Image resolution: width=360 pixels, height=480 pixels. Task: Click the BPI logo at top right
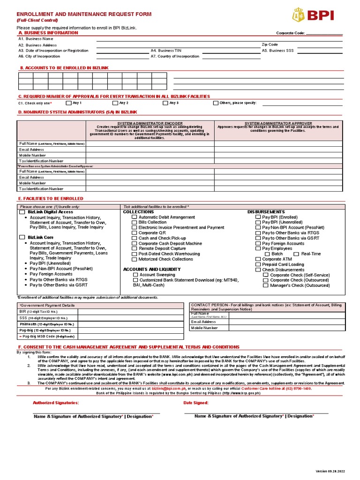[x=313, y=15]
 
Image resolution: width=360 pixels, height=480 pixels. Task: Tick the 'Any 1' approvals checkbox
[x=69, y=103]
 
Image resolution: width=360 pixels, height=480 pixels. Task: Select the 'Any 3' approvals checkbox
[x=165, y=103]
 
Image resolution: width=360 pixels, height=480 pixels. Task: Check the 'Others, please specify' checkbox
[x=216, y=103]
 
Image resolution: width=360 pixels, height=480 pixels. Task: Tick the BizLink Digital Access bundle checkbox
[x=22, y=212]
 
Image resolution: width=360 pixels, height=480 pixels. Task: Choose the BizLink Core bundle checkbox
[x=22, y=238]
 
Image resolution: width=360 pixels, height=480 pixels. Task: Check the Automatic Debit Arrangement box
[x=135, y=217]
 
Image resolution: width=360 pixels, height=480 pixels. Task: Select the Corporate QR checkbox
[x=135, y=233]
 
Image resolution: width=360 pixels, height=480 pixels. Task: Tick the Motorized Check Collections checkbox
[x=135, y=259]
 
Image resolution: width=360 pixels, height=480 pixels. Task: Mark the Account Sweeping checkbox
[x=135, y=275]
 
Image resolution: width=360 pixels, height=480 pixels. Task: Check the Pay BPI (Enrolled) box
[x=258, y=217]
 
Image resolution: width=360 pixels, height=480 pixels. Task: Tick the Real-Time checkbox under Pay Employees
[x=296, y=254]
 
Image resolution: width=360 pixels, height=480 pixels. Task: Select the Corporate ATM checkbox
[x=258, y=259]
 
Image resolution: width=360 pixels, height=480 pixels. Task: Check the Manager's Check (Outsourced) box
[x=266, y=285]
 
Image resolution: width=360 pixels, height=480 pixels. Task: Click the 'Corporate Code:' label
[x=291, y=33]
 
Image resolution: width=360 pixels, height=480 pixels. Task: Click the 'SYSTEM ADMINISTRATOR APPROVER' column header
[x=278, y=124]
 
